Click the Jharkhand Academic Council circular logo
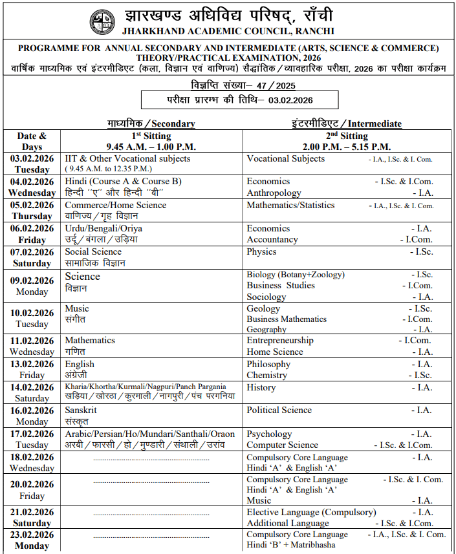tap(103, 22)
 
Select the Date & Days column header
tap(32, 141)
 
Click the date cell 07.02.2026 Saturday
tap(32, 257)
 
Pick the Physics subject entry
tap(261, 251)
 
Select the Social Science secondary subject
tap(93, 251)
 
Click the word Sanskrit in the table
tap(81, 410)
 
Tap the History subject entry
tap(261, 387)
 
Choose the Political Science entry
tap(279, 410)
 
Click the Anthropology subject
tap(274, 193)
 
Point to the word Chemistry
tap(266, 375)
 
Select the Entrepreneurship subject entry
tap(280, 340)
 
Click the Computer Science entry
tap(282, 445)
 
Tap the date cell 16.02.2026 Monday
tap(32, 416)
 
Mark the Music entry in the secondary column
tap(77, 308)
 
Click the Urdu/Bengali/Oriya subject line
tap(103, 228)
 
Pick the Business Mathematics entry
tap(287, 319)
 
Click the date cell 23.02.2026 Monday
tap(32, 540)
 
